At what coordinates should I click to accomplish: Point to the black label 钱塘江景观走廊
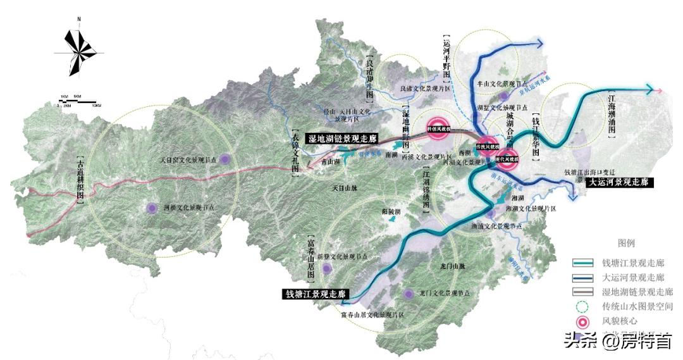coord(316,294)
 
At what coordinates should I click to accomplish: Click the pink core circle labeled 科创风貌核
coord(438,128)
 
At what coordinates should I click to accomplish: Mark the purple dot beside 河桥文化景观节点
coord(152,207)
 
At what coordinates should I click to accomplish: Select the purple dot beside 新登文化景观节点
coord(327,268)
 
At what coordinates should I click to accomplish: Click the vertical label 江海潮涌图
coord(611,114)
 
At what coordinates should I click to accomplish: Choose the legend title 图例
coord(625,242)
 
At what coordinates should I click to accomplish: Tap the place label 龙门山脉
coord(452,266)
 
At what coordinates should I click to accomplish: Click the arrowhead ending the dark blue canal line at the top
coord(541,43)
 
